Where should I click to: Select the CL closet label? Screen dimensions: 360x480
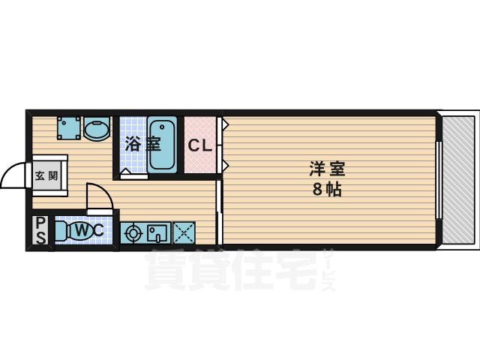pos(200,145)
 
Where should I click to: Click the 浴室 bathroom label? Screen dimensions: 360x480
pos(142,143)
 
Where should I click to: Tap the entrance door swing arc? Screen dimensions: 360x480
pos(13,177)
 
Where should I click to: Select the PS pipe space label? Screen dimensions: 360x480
pos(40,230)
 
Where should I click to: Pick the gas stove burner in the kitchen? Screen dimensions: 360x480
pos(133,233)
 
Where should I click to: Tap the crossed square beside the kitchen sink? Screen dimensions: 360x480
pos(184,232)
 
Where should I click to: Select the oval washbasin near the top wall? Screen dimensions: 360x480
pos(96,130)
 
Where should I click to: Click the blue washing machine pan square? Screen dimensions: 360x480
pos(70,128)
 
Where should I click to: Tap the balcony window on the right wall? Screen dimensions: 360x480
pos(439,180)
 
